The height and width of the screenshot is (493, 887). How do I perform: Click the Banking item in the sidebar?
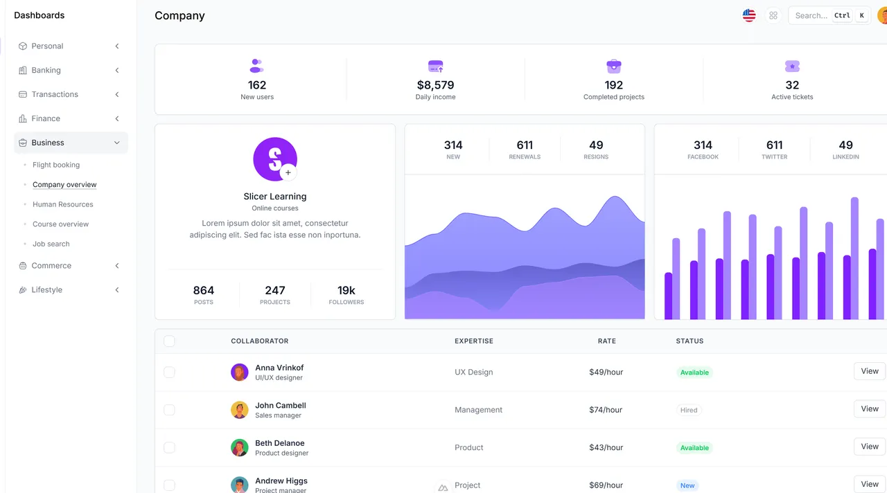coord(46,70)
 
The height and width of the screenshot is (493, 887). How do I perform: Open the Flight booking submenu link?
coord(56,165)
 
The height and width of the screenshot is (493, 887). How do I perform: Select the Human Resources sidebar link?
coord(62,204)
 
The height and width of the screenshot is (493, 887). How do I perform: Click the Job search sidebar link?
coord(51,244)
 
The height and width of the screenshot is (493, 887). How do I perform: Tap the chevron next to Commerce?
coord(117,266)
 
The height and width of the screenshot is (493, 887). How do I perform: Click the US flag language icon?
coord(749,15)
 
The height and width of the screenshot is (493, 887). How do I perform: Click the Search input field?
coord(811,15)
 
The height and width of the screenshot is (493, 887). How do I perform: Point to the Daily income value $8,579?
coord(435,85)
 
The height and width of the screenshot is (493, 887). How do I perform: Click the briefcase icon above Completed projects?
coord(614,66)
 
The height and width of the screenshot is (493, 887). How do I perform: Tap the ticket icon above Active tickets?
coord(792,66)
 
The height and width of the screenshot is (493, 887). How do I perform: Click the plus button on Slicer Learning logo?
coord(288,172)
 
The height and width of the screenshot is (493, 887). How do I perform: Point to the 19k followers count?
coord(346,290)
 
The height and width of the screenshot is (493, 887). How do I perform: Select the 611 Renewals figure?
coord(525,145)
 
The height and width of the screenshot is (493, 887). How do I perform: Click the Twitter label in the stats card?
coord(774,157)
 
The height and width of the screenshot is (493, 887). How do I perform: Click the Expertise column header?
coord(474,341)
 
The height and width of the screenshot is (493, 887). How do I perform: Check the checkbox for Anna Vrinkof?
coord(169,373)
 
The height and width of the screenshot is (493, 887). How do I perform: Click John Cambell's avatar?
coord(240,410)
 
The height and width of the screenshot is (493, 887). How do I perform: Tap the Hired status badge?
coord(689,410)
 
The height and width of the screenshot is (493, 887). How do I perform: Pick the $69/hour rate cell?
coord(606,485)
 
